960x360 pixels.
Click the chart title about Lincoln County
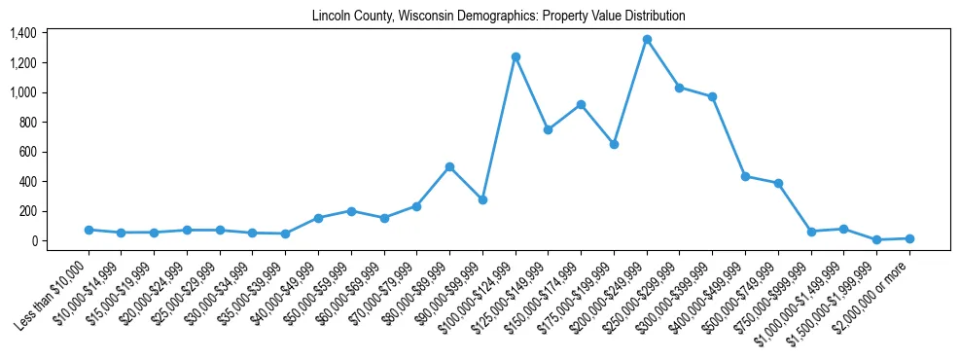[x=498, y=16]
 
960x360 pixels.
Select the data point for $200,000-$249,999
[x=647, y=39]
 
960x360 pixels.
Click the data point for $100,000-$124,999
[x=516, y=56]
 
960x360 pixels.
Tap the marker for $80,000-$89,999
[x=449, y=166]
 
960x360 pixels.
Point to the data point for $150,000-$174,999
[x=581, y=104]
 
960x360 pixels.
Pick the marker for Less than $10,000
[x=89, y=230]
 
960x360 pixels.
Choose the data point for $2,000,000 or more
[x=909, y=238]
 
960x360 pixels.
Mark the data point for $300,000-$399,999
[x=712, y=96]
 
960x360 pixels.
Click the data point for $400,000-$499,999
[x=745, y=176]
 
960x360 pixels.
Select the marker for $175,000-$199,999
[x=614, y=144]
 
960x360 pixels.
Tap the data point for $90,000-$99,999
[x=482, y=199]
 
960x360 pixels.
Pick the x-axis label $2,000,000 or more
[x=875, y=293]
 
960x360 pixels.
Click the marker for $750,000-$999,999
[x=811, y=232]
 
